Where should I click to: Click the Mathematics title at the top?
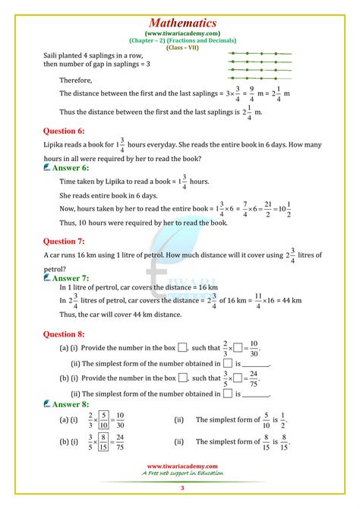pyautogui.click(x=180, y=24)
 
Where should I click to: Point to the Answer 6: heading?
pyautogui.click(x=71, y=166)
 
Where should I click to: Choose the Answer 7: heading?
pyautogui.click(x=71, y=278)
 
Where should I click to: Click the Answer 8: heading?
pyautogui.click(x=71, y=404)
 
